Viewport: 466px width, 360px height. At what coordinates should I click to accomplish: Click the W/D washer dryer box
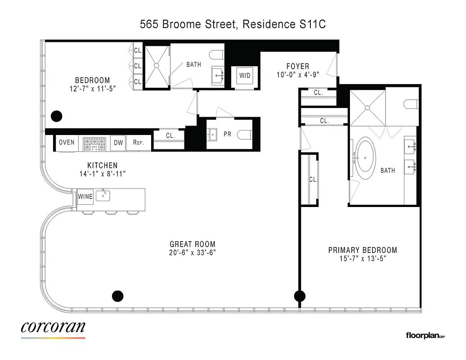245,76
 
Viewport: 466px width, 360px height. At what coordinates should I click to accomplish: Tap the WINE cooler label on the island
85,197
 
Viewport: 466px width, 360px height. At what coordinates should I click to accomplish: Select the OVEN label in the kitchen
67,143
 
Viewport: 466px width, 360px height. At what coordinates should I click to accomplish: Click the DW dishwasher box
118,143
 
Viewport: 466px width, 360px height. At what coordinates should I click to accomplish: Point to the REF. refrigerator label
138,143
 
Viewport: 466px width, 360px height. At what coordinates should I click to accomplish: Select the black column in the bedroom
56,116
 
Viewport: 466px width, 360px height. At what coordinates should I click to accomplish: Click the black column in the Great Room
117,296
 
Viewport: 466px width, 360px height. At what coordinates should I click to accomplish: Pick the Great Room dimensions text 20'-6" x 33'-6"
193,253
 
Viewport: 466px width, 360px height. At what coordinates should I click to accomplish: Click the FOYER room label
298,67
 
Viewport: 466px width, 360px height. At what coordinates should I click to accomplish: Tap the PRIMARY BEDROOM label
363,250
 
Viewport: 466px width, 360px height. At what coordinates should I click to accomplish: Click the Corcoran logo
53,328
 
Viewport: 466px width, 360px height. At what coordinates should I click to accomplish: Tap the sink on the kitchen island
105,195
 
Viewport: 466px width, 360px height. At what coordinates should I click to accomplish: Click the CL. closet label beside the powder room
170,135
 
